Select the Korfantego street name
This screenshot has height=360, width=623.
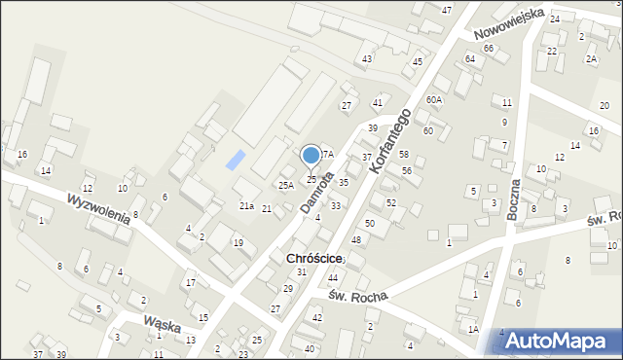click(x=391, y=142)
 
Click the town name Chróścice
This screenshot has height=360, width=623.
click(x=313, y=258)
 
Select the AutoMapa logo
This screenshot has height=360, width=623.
click(x=556, y=340)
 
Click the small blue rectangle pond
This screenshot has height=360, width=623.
click(x=237, y=160)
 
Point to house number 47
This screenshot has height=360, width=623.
click(x=447, y=10)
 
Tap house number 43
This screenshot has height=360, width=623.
click(x=367, y=59)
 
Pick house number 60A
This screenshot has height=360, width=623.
click(x=434, y=99)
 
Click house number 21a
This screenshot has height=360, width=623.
click(x=247, y=206)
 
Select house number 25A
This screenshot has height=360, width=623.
click(x=286, y=185)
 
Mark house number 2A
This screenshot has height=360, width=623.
click(x=591, y=58)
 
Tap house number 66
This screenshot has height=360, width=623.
click(x=489, y=49)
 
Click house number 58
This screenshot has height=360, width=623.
click(x=404, y=155)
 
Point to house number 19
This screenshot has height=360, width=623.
click(x=238, y=242)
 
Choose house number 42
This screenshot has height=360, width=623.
click(x=316, y=318)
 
